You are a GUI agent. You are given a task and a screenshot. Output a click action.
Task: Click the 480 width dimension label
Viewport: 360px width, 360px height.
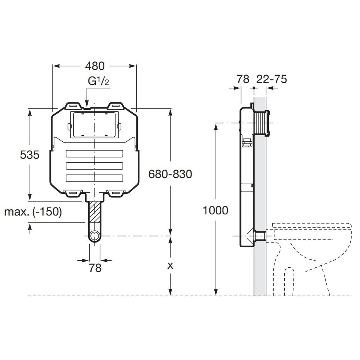tap(95, 66)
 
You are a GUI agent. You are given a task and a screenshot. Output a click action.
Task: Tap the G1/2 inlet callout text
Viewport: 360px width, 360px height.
tap(98, 81)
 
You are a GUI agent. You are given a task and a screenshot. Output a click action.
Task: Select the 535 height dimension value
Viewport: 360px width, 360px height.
tap(30, 155)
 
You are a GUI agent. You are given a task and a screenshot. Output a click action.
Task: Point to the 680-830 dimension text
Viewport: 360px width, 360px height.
tap(170, 174)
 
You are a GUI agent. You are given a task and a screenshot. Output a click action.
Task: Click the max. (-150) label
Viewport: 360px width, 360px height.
tap(33, 212)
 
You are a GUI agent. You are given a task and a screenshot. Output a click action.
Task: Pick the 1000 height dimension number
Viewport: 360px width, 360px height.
tap(216, 210)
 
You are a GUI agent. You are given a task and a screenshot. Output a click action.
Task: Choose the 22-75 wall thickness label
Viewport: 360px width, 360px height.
tap(272, 79)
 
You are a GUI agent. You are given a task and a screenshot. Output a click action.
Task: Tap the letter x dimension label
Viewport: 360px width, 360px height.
tap(170, 266)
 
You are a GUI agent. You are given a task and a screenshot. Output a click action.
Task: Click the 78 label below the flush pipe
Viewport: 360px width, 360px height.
tap(95, 268)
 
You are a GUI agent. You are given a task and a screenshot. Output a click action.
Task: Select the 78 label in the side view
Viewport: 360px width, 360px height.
tap(243, 79)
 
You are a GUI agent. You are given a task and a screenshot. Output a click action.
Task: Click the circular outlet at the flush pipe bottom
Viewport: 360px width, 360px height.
tap(95, 236)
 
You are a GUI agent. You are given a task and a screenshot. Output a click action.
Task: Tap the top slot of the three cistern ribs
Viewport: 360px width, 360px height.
tap(94, 154)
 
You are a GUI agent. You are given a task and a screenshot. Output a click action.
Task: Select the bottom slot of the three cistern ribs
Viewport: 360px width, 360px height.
tap(94, 178)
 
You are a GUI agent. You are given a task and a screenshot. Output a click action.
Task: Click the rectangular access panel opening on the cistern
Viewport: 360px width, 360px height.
tap(95, 125)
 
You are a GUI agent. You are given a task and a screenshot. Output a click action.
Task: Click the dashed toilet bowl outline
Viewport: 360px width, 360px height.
tap(312, 259)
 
